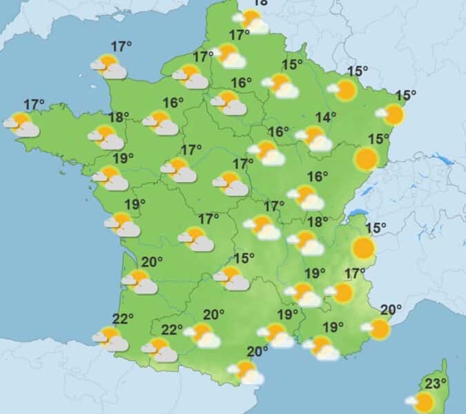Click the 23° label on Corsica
tap(436, 384)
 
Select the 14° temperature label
tap(326, 117)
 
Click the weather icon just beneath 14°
tap(313, 138)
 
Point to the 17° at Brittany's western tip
tap(34, 104)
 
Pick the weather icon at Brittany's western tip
tap(21, 125)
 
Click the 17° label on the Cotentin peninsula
tap(122, 47)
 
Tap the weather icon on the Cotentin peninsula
tap(108, 67)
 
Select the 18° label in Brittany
tap(119, 117)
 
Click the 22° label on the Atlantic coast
tap(123, 318)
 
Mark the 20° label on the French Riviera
tap(391, 309)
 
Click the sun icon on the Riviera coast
tap(377, 328)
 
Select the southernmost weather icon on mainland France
tap(246, 372)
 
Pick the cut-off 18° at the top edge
tap(260, 3)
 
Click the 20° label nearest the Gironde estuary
tap(152, 262)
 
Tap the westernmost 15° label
tap(244, 258)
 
